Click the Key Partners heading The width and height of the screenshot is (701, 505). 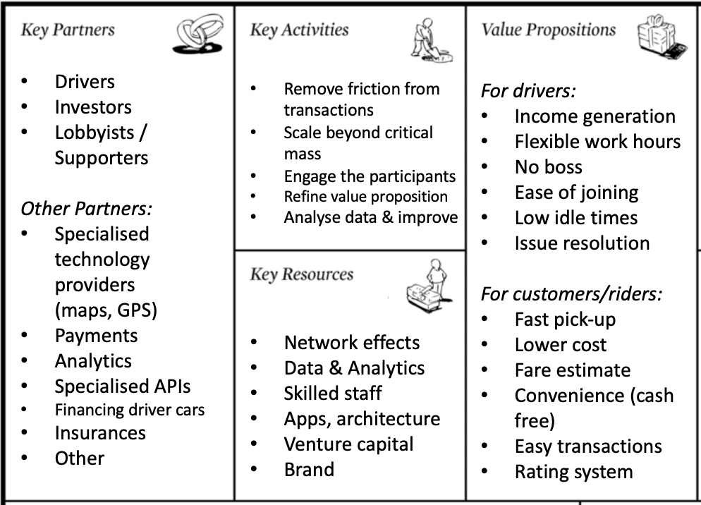tap(68, 30)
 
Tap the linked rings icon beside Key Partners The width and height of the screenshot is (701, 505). tap(198, 34)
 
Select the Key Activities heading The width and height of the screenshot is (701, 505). tap(299, 30)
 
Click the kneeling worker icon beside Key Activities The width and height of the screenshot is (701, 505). tap(429, 40)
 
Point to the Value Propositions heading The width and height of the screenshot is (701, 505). tap(549, 30)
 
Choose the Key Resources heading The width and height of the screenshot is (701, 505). tap(301, 274)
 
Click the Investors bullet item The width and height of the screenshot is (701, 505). tap(93, 107)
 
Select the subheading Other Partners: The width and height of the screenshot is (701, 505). tap(87, 209)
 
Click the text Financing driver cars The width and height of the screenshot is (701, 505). tap(130, 409)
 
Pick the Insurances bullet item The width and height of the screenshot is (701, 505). tap(100, 432)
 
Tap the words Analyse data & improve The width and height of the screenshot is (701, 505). tap(371, 217)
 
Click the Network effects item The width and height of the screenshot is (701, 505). tap(351, 343)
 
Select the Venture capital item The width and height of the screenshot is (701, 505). tap(348, 444)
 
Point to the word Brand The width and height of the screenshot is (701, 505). tap(309, 470)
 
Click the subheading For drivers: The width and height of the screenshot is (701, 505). tap(528, 91)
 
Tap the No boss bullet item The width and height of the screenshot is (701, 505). tap(548, 167)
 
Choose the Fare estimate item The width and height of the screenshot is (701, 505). tap(572, 370)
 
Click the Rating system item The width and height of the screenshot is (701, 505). tap(573, 472)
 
